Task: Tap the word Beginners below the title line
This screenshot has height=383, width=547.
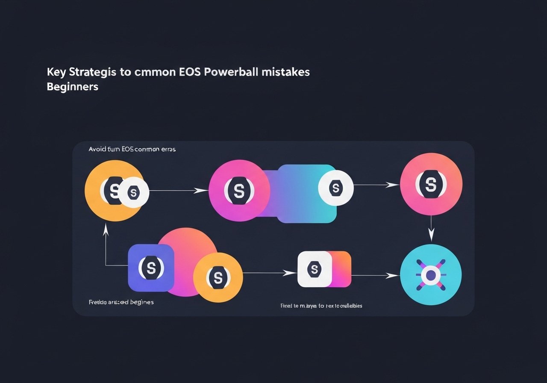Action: click(x=72, y=86)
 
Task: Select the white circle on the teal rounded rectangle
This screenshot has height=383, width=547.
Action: click(x=336, y=188)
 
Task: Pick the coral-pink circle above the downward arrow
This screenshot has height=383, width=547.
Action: click(x=431, y=184)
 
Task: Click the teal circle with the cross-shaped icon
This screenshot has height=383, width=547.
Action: click(x=431, y=275)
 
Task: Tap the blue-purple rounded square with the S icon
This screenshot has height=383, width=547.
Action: click(x=151, y=268)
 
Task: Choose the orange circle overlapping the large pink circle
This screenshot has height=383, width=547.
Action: click(x=218, y=278)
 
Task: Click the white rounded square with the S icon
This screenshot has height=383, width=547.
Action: click(x=315, y=269)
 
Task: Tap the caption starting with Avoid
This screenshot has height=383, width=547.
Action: click(x=132, y=150)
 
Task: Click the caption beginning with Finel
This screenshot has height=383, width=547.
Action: click(x=321, y=306)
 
